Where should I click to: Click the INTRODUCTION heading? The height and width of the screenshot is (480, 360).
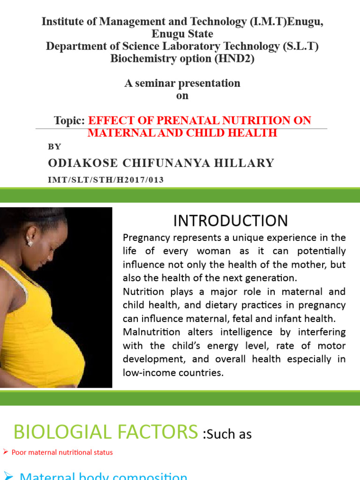click(x=231, y=220)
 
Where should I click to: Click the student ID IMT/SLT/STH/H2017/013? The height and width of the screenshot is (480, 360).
click(x=106, y=180)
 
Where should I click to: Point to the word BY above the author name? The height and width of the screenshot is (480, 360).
click(x=55, y=147)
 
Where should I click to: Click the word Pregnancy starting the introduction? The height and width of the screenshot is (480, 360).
click(x=144, y=237)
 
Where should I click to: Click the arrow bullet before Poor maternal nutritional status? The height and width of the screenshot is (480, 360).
click(x=6, y=452)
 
